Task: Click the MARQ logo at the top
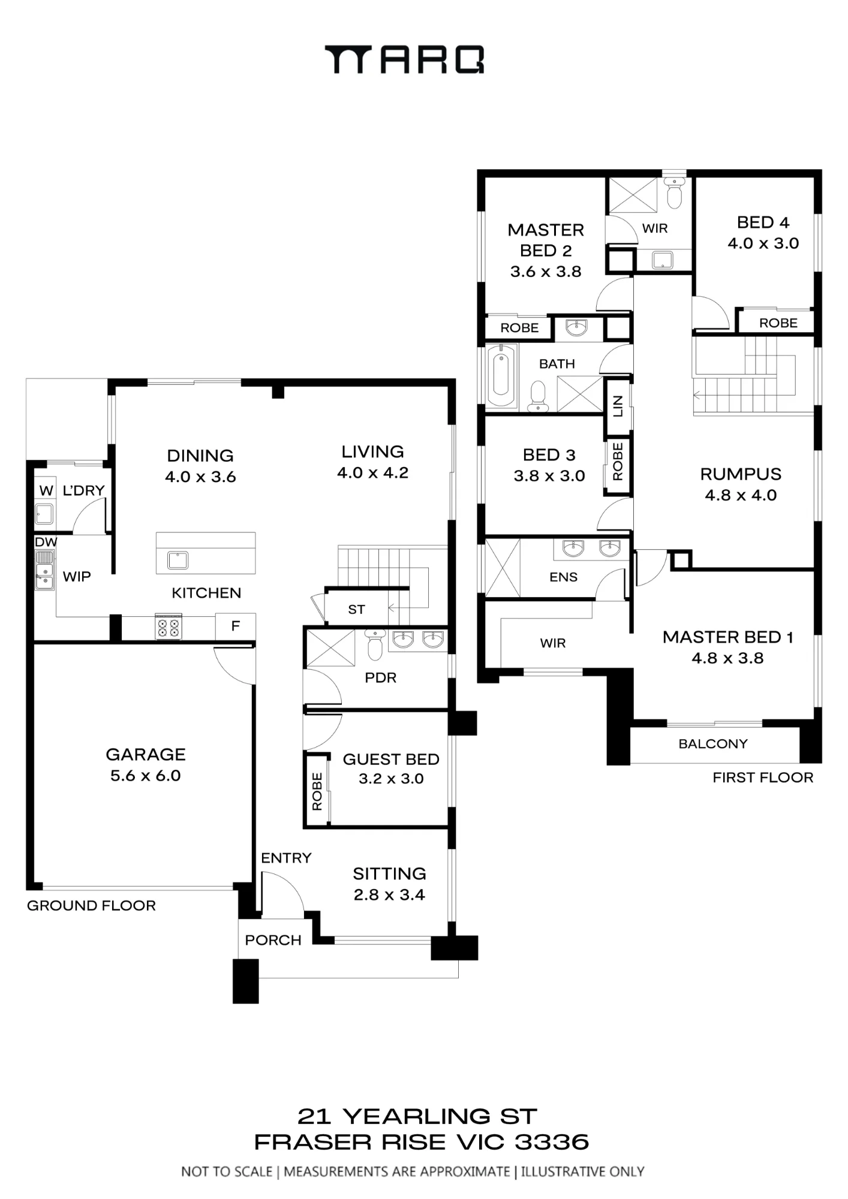(x=405, y=60)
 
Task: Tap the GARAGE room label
(x=146, y=754)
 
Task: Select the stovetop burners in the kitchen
(x=169, y=626)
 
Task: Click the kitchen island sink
(x=178, y=561)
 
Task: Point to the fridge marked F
(x=236, y=626)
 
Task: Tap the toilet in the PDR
(x=375, y=644)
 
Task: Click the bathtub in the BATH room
(x=501, y=376)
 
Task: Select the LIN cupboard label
(x=618, y=406)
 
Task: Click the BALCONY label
(x=713, y=744)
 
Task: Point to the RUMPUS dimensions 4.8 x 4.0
(x=741, y=495)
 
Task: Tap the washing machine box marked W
(x=46, y=490)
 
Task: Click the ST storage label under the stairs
(x=356, y=610)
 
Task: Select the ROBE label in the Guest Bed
(x=317, y=791)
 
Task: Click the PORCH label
(x=273, y=940)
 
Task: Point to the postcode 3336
(x=552, y=1142)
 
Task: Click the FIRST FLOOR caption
(x=763, y=778)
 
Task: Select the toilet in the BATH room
(x=538, y=397)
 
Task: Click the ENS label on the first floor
(x=563, y=577)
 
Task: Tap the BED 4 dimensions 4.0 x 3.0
(x=763, y=243)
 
